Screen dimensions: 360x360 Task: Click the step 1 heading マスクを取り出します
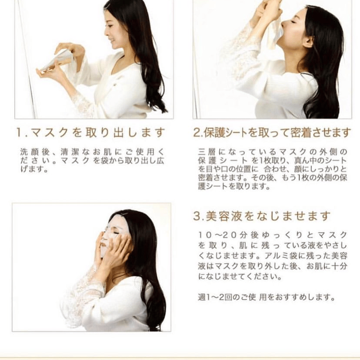98,133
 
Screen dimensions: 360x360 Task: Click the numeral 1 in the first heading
19,133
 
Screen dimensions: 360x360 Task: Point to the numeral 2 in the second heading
197,133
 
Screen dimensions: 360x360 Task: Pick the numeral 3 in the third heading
197,216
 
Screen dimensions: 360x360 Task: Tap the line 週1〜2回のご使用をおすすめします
266,297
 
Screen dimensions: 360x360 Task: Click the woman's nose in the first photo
106,32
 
